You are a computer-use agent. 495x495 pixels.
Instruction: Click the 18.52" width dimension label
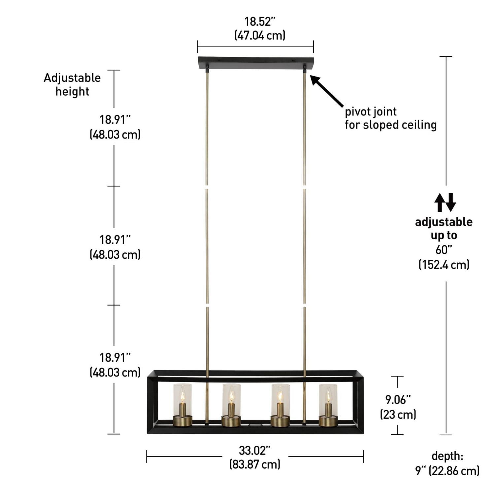click(x=260, y=22)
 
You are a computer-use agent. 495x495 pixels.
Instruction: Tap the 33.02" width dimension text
click(x=254, y=450)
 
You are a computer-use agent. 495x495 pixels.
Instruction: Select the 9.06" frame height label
click(x=398, y=400)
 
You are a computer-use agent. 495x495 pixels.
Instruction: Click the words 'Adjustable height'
click(x=72, y=84)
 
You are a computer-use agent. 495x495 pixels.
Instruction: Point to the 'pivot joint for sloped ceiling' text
click(x=390, y=118)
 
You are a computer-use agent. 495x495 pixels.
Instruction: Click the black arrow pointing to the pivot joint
click(x=327, y=90)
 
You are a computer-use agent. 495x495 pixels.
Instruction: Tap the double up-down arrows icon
click(x=445, y=202)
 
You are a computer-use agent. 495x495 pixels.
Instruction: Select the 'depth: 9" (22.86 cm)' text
click(x=447, y=463)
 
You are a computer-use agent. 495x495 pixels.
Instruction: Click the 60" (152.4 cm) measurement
click(x=444, y=257)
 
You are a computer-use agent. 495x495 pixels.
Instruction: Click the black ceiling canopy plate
click(x=256, y=63)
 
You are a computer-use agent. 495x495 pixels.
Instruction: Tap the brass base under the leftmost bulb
click(x=182, y=421)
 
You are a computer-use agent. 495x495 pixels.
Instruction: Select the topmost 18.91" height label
click(x=115, y=120)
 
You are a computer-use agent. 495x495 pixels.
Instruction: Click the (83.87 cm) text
click(x=255, y=464)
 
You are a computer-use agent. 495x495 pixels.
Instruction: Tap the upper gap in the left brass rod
click(x=207, y=187)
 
